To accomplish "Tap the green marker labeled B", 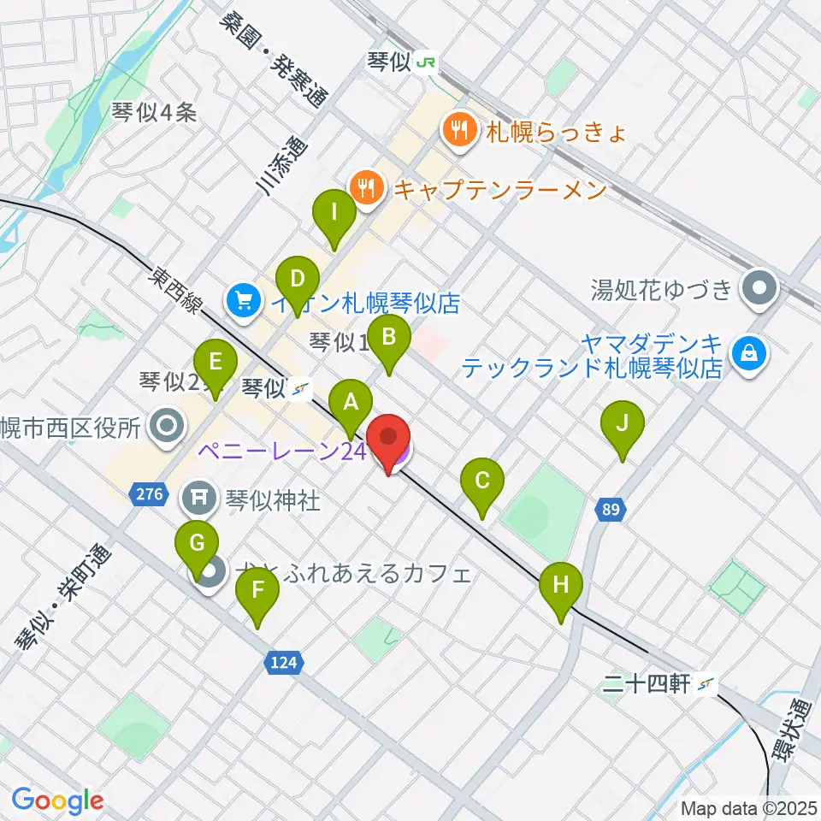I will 388,337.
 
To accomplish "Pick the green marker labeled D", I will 297,280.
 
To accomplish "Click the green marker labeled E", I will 216,363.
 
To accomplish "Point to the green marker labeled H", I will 560,586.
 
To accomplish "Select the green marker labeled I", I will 334,211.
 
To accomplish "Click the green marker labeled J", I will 623,423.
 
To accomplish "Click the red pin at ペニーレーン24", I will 389,439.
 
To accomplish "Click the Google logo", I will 58,800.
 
